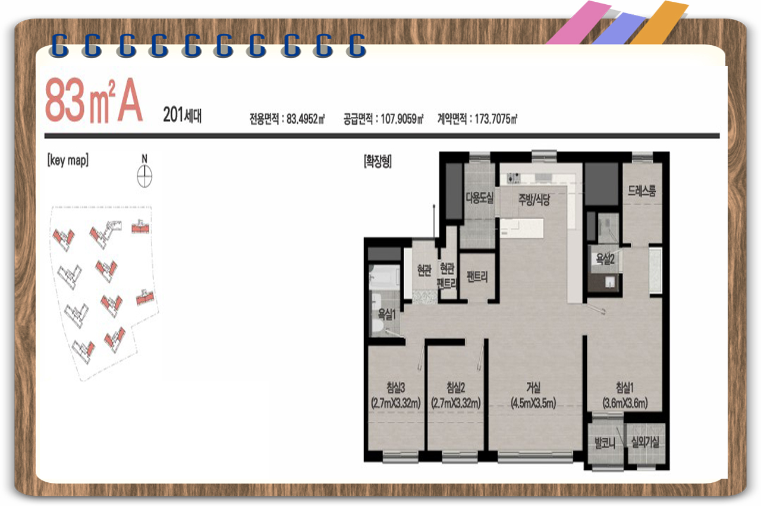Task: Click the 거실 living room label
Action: (533, 387)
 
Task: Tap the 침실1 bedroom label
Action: (625, 387)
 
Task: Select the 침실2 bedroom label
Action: (455, 387)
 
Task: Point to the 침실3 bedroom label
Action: (396, 387)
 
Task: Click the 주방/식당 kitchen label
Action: (534, 199)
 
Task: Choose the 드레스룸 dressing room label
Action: (641, 191)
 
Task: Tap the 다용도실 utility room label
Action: (479, 198)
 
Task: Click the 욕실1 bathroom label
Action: (387, 315)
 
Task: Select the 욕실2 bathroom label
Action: (605, 260)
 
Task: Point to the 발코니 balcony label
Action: (605, 443)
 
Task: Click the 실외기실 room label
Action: (645, 442)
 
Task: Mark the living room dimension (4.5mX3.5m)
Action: (533, 403)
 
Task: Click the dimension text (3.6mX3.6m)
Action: (625, 403)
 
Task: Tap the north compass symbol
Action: (144, 176)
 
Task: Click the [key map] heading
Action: (68, 160)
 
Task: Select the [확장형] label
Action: (378, 161)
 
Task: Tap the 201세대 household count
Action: (183, 115)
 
